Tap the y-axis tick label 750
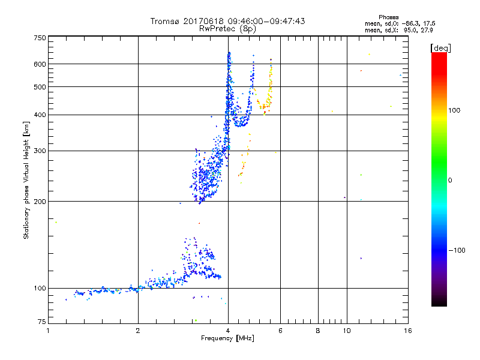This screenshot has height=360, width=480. pyautogui.click(x=39, y=38)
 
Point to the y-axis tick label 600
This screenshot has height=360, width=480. pyautogui.click(x=39, y=64)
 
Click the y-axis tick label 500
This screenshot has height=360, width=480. pyautogui.click(x=39, y=87)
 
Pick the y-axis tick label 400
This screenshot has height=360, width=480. pyautogui.click(x=39, y=115)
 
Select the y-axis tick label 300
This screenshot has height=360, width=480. pyautogui.click(x=39, y=151)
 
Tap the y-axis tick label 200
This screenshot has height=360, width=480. pyautogui.click(x=39, y=201)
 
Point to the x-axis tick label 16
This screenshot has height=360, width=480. pyautogui.click(x=407, y=331)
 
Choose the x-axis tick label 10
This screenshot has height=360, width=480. pyautogui.click(x=346, y=331)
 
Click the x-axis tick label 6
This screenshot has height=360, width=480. pyautogui.click(x=280, y=331)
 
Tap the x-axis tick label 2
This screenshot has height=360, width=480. pyautogui.click(x=138, y=331)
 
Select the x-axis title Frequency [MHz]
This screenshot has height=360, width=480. pyautogui.click(x=227, y=338)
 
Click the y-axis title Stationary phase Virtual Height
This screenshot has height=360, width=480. pyautogui.click(x=26, y=180)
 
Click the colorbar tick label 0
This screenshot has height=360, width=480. pyautogui.click(x=451, y=180)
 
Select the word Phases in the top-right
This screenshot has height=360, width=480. pyautogui.click(x=389, y=17)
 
